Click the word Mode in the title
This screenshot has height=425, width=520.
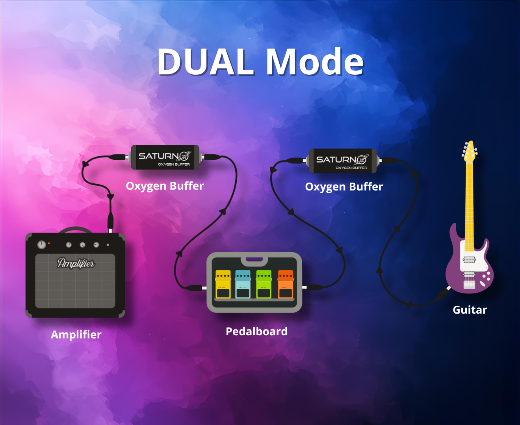click(x=314, y=62)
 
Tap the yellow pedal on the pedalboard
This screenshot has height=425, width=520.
click(x=223, y=284)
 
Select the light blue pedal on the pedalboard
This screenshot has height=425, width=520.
click(x=243, y=284)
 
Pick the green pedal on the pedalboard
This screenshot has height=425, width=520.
click(x=264, y=284)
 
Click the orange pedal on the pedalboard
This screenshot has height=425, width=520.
click(x=285, y=284)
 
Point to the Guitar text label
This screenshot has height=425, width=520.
click(x=470, y=310)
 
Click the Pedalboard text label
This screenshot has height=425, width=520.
click(x=256, y=331)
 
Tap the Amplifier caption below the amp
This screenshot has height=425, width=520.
click(x=76, y=334)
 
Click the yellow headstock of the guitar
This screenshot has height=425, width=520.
click(x=469, y=152)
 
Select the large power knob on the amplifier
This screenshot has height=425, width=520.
click(x=41, y=245)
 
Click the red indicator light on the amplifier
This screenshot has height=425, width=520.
click(x=49, y=244)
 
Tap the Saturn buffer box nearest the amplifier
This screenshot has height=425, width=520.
click(x=165, y=157)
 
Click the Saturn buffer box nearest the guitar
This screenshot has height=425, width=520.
click(x=342, y=161)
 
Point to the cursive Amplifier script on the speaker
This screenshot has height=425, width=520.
click(x=76, y=263)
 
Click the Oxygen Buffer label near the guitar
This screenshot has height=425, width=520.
click(x=344, y=187)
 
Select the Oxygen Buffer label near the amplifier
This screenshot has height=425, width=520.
click(x=165, y=186)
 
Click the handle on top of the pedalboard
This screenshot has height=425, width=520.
click(x=254, y=260)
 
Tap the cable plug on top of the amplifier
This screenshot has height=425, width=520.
click(x=110, y=222)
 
